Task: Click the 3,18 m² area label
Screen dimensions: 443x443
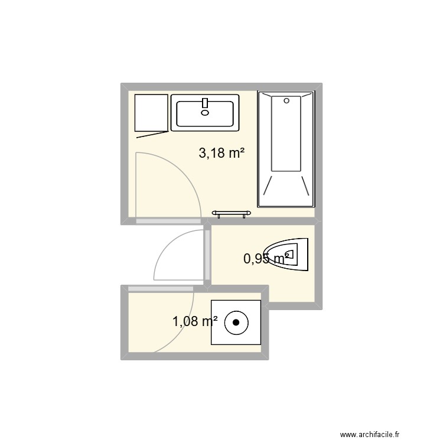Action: click(x=222, y=154)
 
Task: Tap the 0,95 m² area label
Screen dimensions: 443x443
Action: click(x=266, y=258)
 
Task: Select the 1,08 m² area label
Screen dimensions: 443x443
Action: click(x=195, y=321)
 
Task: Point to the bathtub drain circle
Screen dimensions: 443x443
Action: click(x=286, y=101)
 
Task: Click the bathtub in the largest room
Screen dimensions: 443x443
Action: click(x=286, y=150)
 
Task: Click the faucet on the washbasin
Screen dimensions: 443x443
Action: click(x=205, y=103)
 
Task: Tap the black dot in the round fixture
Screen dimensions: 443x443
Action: click(x=236, y=323)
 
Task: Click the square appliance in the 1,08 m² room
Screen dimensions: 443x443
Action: click(x=236, y=323)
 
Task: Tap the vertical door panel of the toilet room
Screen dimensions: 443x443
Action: click(x=207, y=255)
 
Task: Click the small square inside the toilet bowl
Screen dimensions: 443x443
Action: click(x=295, y=255)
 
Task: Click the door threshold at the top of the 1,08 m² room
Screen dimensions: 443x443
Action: click(x=161, y=288)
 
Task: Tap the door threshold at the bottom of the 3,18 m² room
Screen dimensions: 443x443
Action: click(x=168, y=221)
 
